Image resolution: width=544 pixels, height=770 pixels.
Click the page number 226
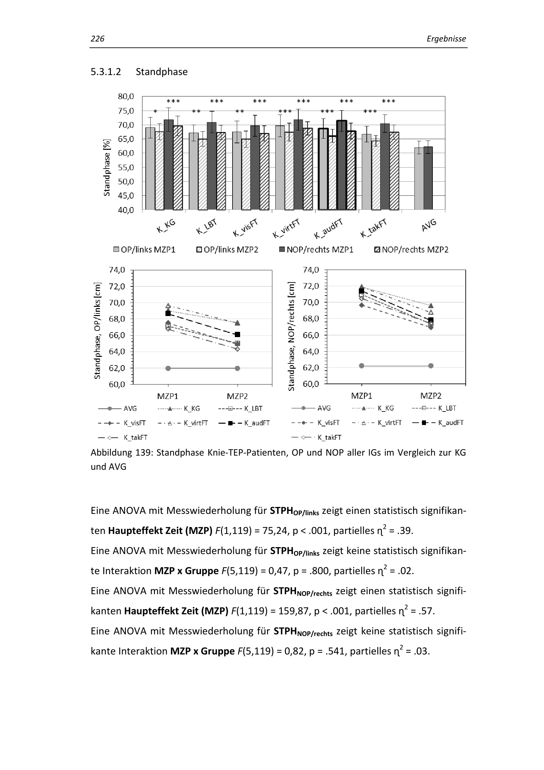tap(97, 39)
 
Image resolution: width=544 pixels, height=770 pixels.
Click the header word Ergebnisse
tap(446, 39)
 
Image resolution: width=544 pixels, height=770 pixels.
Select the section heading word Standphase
tap(161, 72)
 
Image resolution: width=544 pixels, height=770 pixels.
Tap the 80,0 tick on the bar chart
tap(126, 96)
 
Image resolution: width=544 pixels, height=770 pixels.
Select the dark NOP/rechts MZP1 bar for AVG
tap(428, 178)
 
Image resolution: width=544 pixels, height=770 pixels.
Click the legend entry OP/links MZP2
tap(228, 250)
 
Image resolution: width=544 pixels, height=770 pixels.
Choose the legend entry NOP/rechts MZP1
tap(316, 250)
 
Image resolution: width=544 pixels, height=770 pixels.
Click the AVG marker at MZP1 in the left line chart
tap(168, 368)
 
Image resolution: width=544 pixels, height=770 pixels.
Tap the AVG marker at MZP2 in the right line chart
tap(431, 365)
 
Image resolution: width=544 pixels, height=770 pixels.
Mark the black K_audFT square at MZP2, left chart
tap(237, 334)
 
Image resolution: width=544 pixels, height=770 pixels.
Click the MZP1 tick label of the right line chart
tap(361, 396)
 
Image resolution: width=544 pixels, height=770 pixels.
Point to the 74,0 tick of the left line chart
tap(117, 270)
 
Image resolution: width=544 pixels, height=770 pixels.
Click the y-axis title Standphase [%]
tap(107, 167)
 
